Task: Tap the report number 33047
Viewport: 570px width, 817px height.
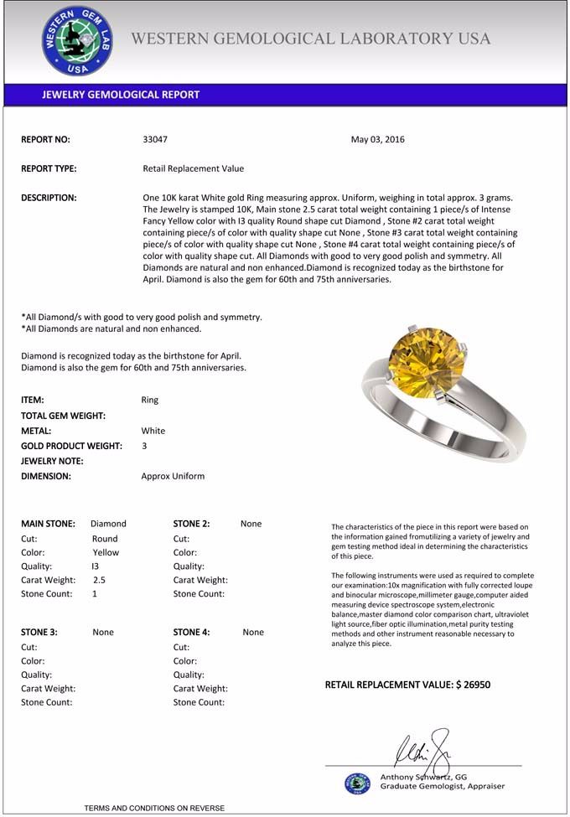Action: point(156,140)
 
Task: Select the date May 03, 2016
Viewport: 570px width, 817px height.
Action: point(377,140)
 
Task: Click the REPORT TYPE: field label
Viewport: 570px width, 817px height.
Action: point(49,168)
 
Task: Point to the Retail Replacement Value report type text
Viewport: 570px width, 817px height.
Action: point(194,168)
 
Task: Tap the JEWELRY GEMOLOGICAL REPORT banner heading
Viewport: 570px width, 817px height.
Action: point(121,95)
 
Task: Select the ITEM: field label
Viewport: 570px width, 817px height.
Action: point(33,401)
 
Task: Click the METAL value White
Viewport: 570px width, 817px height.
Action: point(153,431)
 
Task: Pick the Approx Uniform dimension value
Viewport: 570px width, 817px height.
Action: point(173,476)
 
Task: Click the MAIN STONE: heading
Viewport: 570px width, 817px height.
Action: point(48,524)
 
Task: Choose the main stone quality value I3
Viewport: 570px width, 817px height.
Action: point(95,566)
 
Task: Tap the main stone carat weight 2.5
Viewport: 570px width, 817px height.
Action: point(99,580)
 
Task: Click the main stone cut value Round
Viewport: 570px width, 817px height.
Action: point(105,539)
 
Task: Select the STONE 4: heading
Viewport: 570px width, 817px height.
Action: point(191,633)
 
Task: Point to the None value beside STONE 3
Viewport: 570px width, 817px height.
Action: point(103,633)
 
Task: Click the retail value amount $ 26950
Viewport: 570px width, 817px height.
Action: point(473,685)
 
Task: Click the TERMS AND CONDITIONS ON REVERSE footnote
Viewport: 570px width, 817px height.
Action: point(154,808)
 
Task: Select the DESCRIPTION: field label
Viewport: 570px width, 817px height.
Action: point(49,198)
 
